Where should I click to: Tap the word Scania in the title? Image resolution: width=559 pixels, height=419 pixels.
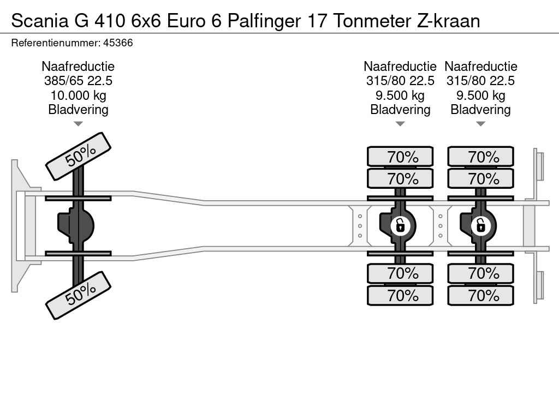click(39, 21)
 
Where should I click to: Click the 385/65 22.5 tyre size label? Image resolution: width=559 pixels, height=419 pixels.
click(78, 81)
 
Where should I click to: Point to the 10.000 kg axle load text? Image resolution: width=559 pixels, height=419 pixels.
click(78, 95)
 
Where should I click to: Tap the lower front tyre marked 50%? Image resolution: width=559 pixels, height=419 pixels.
click(78, 295)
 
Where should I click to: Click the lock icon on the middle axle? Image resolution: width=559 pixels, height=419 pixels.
click(400, 225)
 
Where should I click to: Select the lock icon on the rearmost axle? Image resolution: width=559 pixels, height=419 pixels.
click(480, 225)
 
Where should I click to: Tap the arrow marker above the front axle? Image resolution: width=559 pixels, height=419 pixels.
click(78, 124)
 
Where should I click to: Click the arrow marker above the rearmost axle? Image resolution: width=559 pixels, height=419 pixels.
click(480, 124)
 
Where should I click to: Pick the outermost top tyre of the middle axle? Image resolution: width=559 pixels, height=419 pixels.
click(400, 157)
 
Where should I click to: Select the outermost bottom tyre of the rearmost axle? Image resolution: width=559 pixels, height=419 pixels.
click(480, 296)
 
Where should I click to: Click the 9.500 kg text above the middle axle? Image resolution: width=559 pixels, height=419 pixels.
click(400, 95)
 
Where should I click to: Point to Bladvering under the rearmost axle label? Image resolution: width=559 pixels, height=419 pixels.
click(480, 110)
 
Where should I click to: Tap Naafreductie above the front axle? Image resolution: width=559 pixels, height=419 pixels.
click(78, 67)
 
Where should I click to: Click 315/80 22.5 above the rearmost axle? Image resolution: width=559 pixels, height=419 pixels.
click(480, 81)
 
